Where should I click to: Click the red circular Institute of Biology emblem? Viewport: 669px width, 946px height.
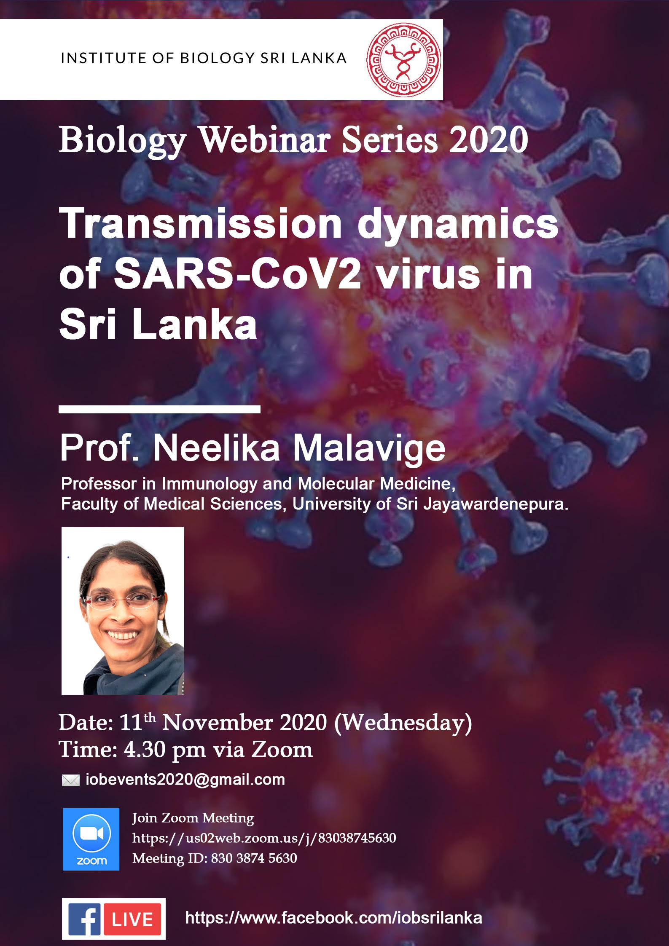[403, 60]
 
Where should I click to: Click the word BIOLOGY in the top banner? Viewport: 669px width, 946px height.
[218, 58]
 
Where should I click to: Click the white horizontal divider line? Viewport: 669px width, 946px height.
[159, 409]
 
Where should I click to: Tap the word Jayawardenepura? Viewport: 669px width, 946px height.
[496, 504]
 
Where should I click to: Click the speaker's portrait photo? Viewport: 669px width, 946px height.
[123, 611]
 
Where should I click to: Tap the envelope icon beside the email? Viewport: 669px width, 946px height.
[70, 780]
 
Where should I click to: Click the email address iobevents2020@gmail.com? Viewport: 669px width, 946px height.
[185, 780]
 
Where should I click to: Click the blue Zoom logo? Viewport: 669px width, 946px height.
[91, 839]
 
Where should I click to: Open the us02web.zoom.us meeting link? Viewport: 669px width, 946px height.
[264, 838]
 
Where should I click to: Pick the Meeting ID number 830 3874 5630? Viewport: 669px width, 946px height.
[254, 858]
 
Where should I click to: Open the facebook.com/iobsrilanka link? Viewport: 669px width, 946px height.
[333, 918]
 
